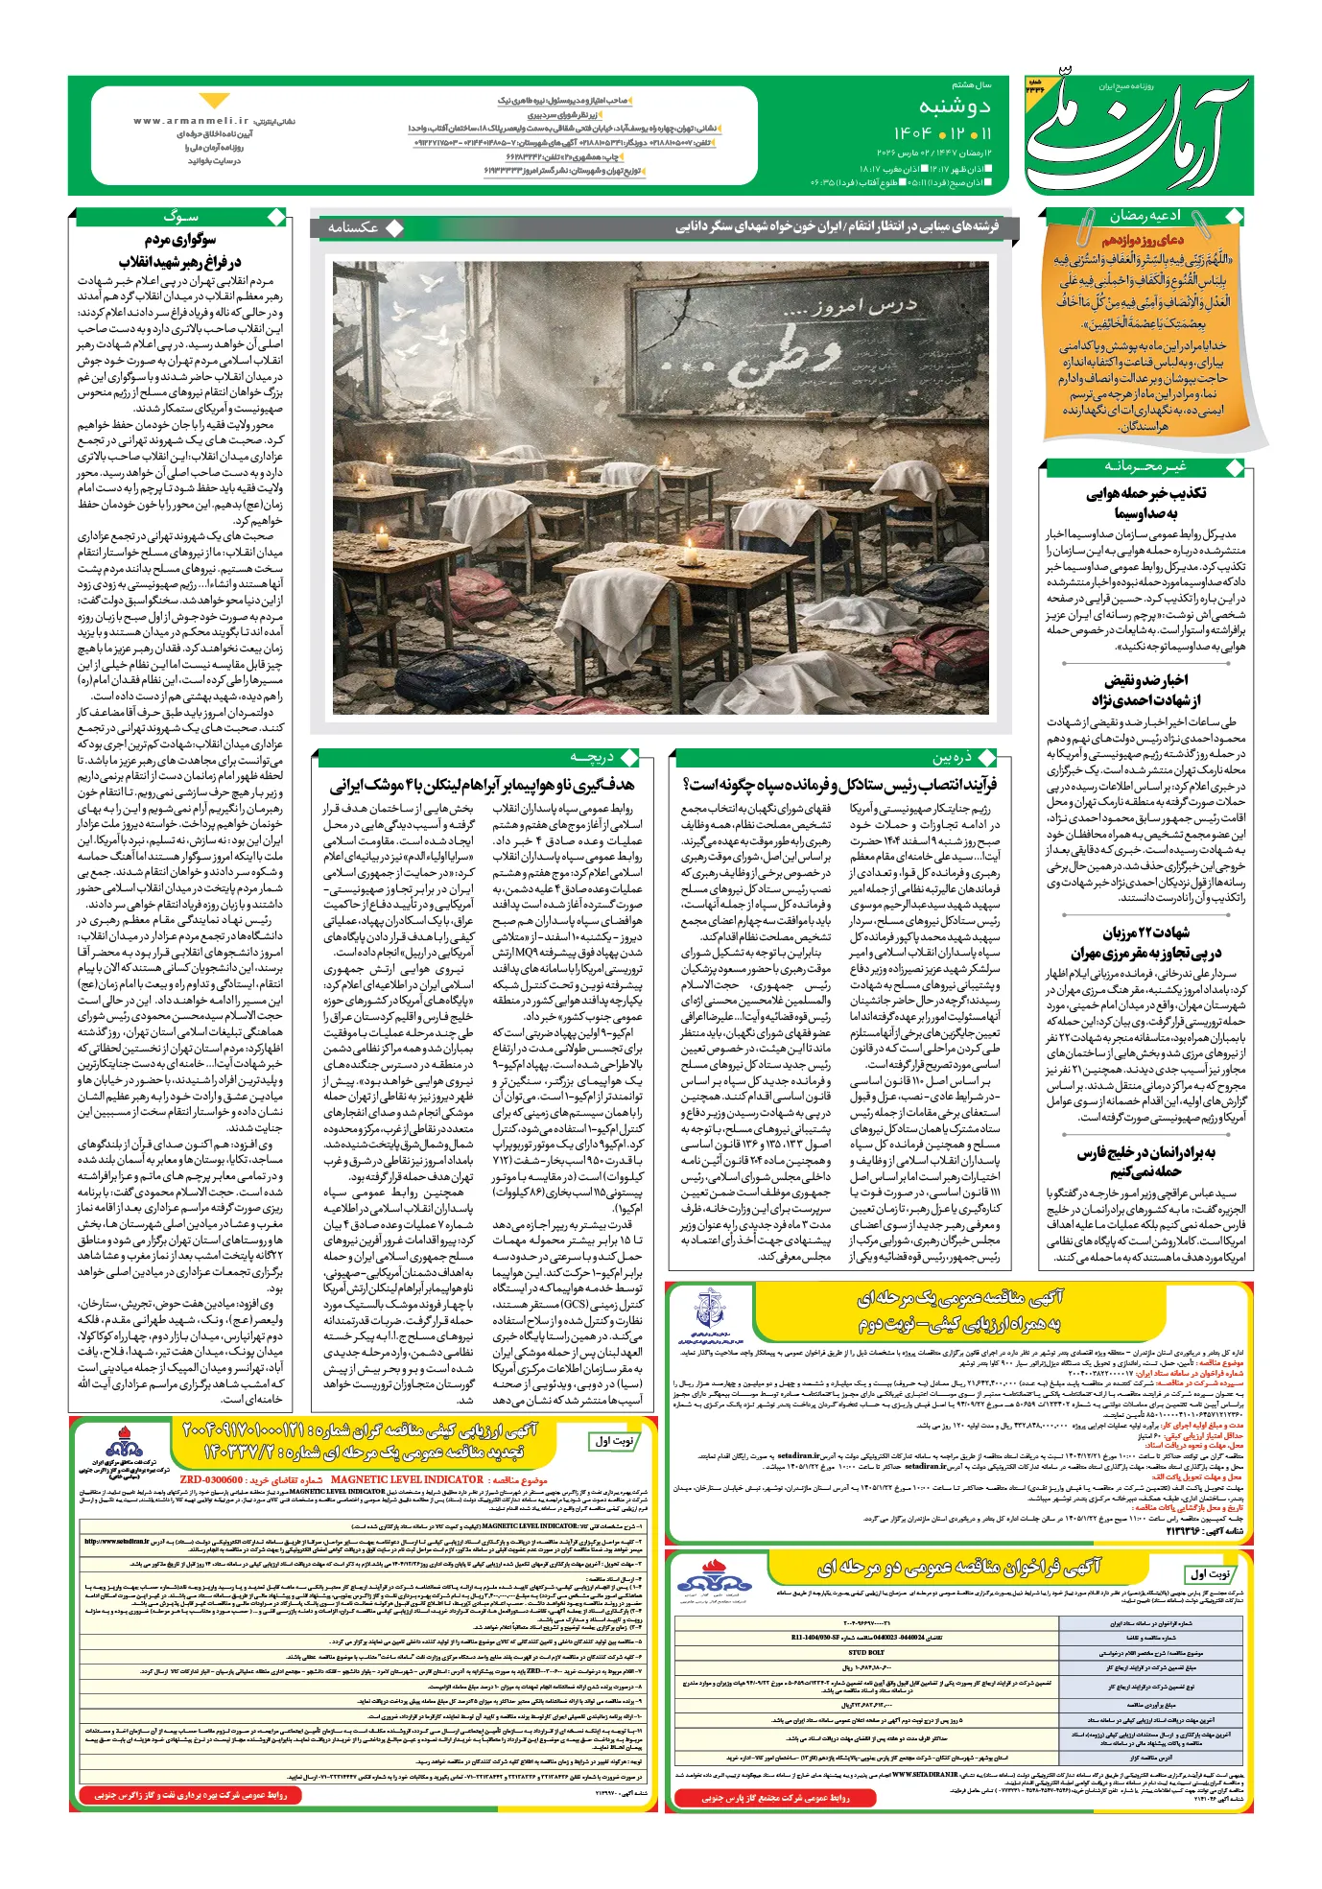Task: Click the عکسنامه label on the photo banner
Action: (x=354, y=227)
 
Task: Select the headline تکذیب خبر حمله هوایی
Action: (x=1145, y=493)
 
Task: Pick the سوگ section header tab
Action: (x=179, y=217)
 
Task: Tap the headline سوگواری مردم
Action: (x=180, y=240)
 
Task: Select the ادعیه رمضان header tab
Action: (x=1145, y=217)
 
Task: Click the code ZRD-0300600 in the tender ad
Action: (x=211, y=1479)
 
